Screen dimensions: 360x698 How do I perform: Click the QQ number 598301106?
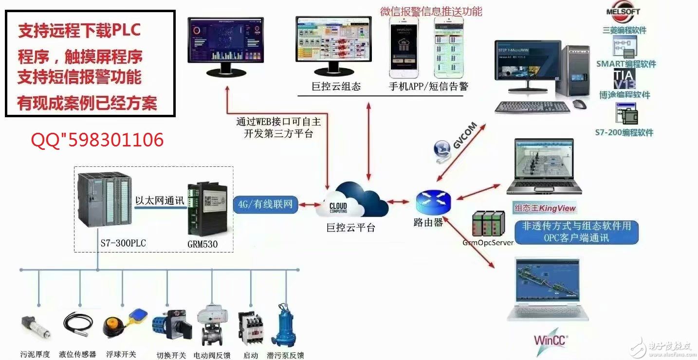[x=97, y=141]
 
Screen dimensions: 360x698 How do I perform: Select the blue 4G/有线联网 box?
[x=266, y=204]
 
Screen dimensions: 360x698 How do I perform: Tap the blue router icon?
[x=433, y=200]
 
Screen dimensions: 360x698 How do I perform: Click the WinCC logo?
[x=551, y=339]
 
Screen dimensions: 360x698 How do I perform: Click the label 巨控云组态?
[x=336, y=87]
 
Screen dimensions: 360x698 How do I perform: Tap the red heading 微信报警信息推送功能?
[x=431, y=11]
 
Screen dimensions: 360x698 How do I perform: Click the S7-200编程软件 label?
[x=624, y=132]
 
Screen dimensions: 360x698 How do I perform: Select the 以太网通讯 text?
[x=160, y=200]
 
